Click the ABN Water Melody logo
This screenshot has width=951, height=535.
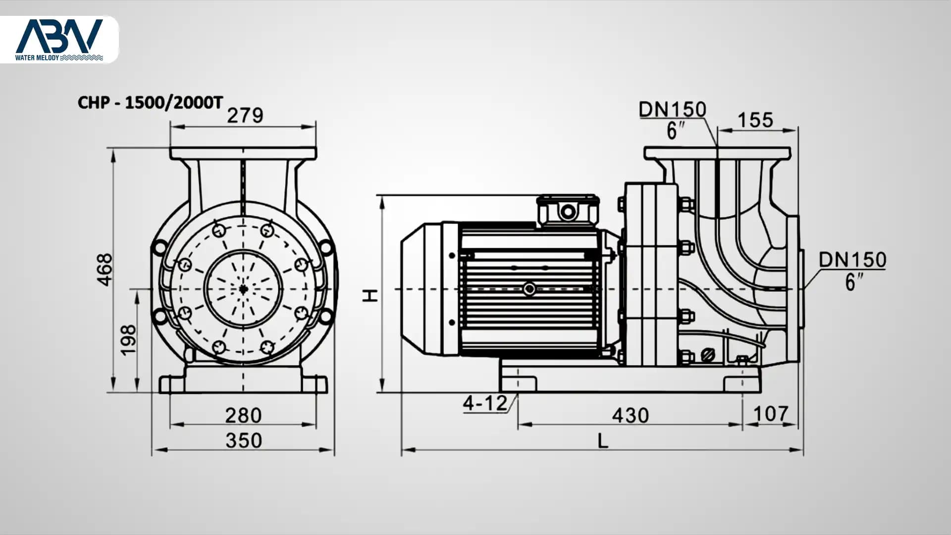coord(59,40)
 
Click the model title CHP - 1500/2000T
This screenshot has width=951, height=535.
coord(151,103)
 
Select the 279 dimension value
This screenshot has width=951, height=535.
coord(245,115)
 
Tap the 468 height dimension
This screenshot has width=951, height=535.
coord(105,270)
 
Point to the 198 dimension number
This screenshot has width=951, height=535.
coord(128,339)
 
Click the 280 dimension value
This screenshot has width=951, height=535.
coord(243,415)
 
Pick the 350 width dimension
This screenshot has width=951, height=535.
coord(243,440)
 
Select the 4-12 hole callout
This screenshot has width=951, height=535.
coord(485,403)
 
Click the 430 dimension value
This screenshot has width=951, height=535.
coord(630,415)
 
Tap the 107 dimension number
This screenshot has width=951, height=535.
coord(771,414)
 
